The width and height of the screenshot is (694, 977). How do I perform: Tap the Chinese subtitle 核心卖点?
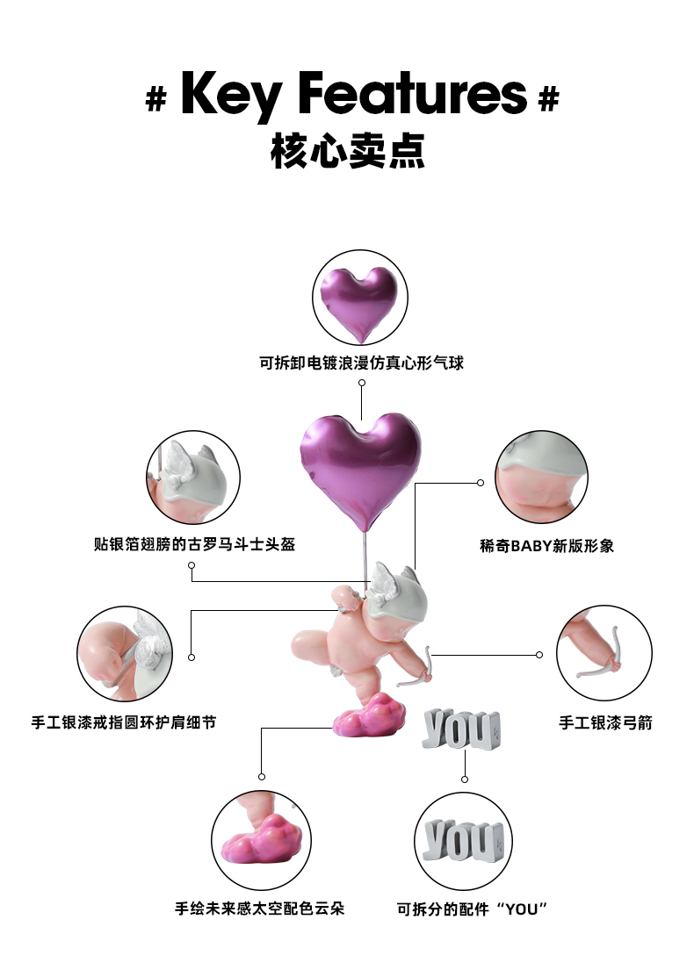pyautogui.click(x=348, y=152)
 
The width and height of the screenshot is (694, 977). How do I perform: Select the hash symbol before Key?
pyautogui.click(x=155, y=99)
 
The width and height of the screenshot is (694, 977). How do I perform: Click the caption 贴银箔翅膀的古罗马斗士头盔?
pyautogui.click(x=194, y=544)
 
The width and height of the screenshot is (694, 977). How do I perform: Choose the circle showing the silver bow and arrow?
pyautogui.click(x=604, y=653)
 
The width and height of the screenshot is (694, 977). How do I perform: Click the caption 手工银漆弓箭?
pyautogui.click(x=605, y=723)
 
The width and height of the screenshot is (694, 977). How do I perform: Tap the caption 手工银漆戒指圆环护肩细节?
pyautogui.click(x=124, y=722)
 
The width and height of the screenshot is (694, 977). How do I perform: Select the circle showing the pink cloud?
pyautogui.click(x=261, y=837)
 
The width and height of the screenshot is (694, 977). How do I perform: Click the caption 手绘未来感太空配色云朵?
pyautogui.click(x=260, y=908)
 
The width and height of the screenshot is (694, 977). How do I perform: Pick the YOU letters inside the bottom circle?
pyautogui.click(x=464, y=841)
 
